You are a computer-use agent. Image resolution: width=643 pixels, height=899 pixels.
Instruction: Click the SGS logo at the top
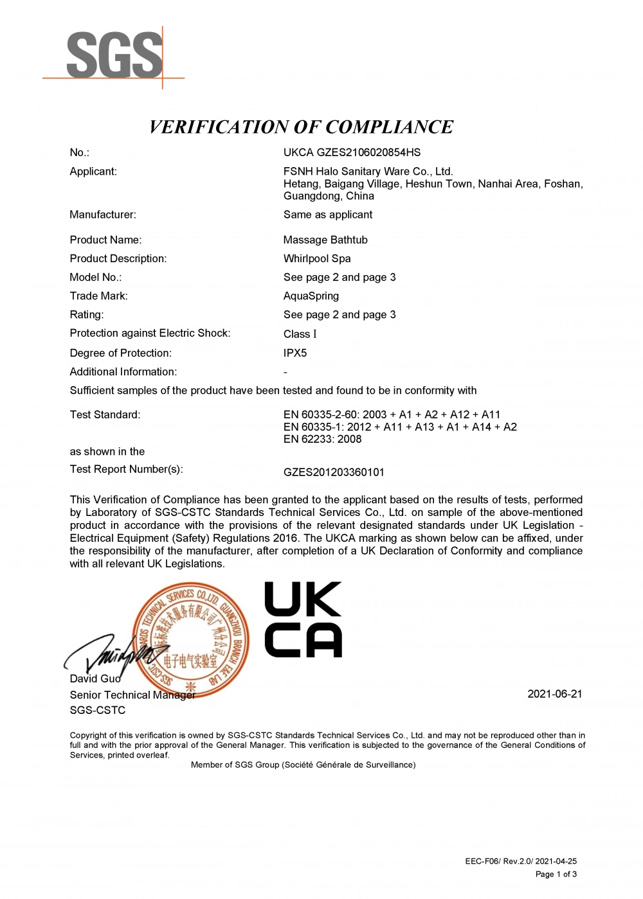(114, 56)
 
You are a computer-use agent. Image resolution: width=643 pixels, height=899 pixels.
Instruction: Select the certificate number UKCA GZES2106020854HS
(352, 152)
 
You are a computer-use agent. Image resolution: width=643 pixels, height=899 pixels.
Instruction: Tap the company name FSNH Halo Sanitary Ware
(368, 172)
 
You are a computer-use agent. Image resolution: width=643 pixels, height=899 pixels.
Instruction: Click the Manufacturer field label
(103, 215)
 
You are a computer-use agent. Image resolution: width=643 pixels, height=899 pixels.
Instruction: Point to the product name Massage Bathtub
(325, 240)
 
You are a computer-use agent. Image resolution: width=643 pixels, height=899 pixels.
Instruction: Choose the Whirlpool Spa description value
(317, 258)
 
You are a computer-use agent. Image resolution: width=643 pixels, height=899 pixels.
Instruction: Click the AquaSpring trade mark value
(311, 296)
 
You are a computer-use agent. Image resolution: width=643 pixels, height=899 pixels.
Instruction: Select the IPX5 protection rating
(295, 353)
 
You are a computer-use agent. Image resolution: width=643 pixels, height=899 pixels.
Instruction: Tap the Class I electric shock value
(300, 334)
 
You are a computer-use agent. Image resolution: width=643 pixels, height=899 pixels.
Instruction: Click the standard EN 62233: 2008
(322, 439)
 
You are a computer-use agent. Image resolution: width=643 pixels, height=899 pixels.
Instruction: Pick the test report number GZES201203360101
(334, 472)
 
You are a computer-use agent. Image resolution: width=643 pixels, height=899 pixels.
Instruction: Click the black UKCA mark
(303, 619)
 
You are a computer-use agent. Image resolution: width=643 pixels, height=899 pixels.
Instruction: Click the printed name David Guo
(95, 679)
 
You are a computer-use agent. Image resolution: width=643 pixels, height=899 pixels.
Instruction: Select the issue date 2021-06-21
(554, 694)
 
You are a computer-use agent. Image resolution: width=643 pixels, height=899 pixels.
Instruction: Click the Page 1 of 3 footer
(556, 874)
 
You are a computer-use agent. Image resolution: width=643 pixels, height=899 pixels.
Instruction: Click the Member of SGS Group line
(303, 765)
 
